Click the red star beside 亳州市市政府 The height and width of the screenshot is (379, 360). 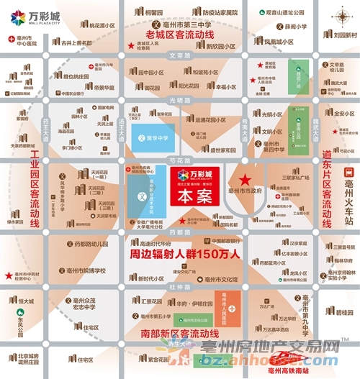pos(245,179)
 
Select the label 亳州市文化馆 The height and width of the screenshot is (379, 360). pos(221,278)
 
